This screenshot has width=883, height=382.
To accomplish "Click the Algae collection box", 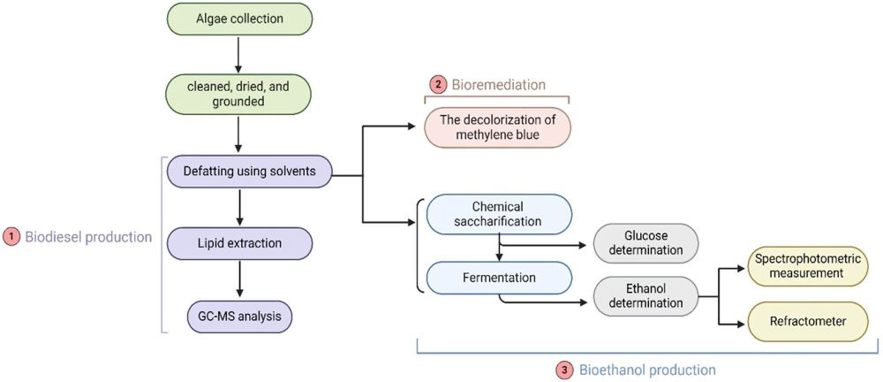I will pos(238,19).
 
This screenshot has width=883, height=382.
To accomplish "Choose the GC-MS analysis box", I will pos(238,315).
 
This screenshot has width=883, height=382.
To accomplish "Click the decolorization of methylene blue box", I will pos(497,126).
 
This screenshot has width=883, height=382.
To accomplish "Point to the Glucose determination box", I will pos(645,243).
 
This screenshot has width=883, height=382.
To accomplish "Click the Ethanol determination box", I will pos(645,295).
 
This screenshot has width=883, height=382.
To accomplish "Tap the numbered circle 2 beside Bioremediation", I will pos(438,85).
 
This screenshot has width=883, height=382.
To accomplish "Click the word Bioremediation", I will pos(498,85).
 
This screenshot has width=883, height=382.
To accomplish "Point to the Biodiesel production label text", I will pos(87,237).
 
